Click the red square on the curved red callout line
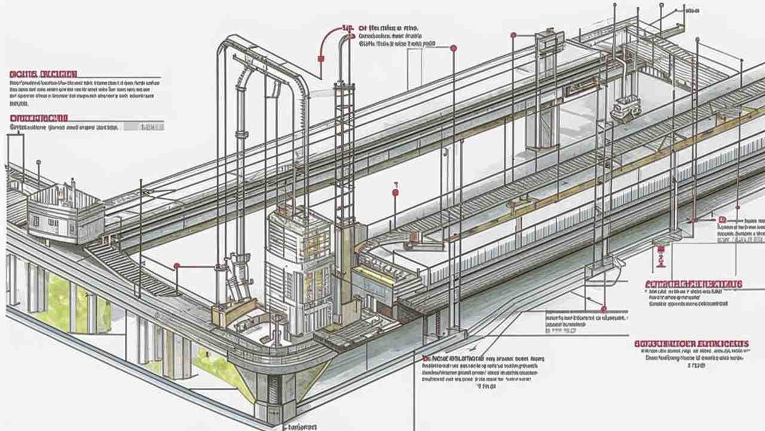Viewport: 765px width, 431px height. pos(321,59)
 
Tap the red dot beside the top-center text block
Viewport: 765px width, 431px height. pos(454,47)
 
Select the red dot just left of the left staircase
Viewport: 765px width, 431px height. pos(176,265)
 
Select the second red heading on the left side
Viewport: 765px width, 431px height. pos(39,118)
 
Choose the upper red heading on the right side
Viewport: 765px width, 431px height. pos(693,283)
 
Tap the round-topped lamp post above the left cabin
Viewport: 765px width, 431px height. pos(38,162)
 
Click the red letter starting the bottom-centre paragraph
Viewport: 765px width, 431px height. pos(424,357)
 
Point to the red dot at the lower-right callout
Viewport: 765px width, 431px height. pos(604,309)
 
